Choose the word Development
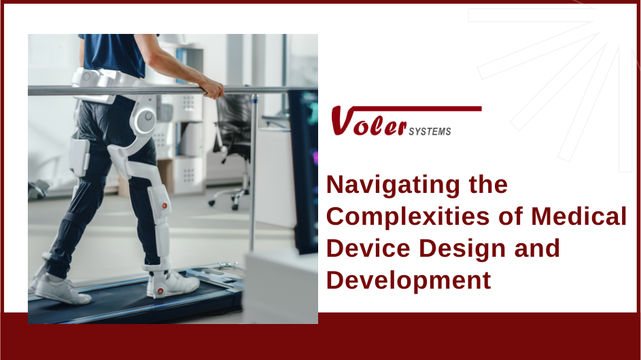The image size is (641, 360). coord(409,280)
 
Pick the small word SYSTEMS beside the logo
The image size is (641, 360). coord(430,132)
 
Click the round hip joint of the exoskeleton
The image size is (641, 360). coord(145,121)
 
